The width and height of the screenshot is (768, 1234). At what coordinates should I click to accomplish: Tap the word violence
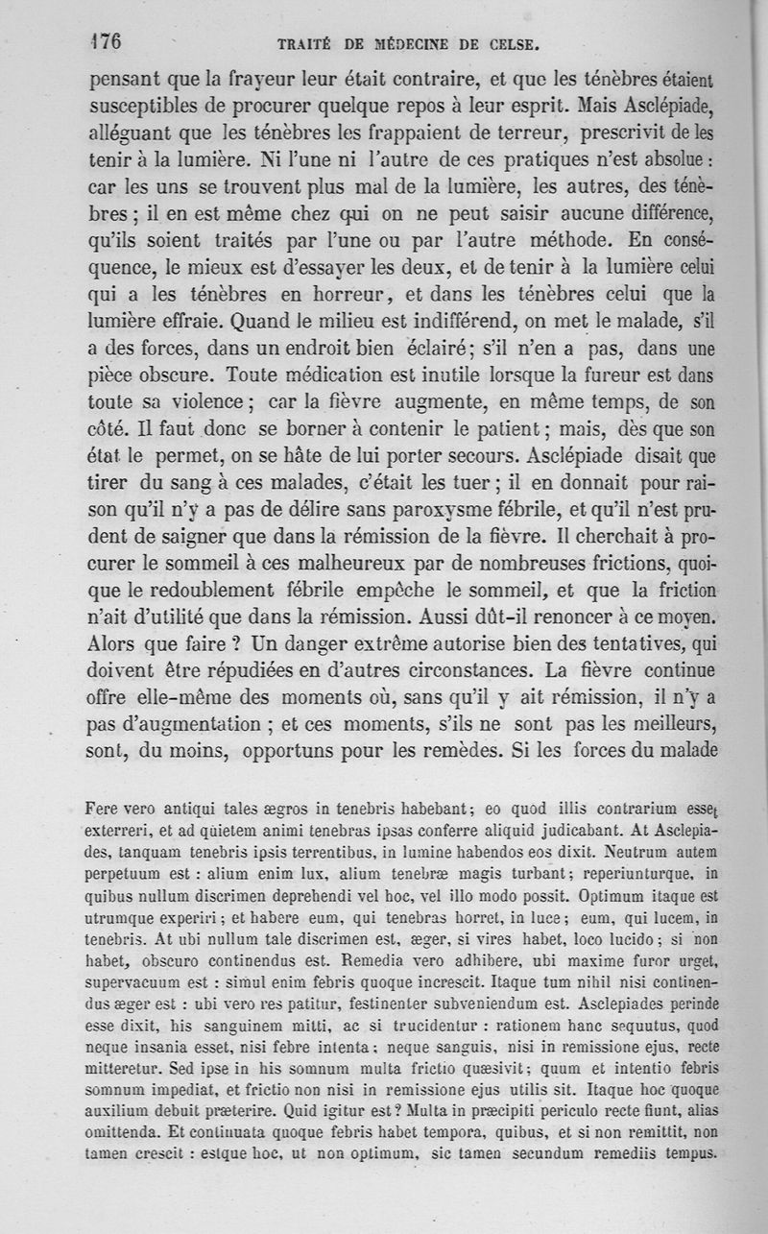(204, 398)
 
